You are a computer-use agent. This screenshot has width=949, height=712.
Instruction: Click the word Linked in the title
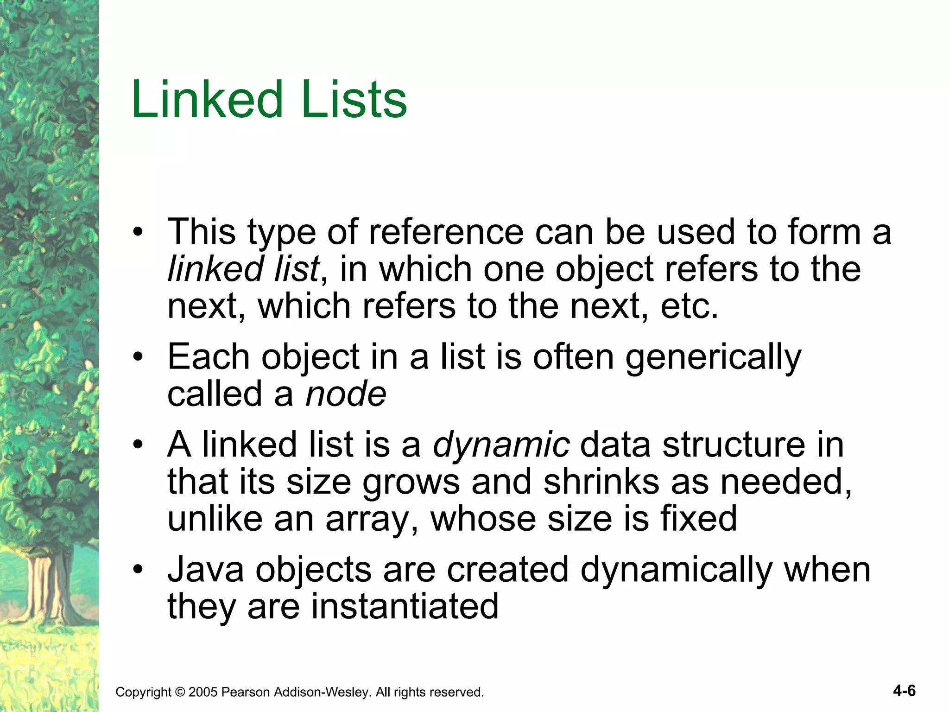(x=207, y=100)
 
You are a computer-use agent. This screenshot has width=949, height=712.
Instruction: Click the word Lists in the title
(x=354, y=100)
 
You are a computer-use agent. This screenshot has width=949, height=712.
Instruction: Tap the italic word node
(x=346, y=394)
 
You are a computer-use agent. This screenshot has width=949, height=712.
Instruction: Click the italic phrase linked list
(x=243, y=269)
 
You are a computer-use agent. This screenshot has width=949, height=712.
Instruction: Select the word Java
(x=205, y=570)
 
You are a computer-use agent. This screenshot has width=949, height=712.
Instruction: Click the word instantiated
(x=405, y=607)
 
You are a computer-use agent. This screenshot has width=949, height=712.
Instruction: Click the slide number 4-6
(x=904, y=691)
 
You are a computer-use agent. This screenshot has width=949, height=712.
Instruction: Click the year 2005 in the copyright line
(x=203, y=693)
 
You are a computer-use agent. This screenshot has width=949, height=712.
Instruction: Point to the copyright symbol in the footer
(x=179, y=693)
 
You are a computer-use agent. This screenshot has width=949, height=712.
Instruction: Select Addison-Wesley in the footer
(x=322, y=693)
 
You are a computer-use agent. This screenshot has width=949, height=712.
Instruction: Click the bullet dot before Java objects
(x=138, y=570)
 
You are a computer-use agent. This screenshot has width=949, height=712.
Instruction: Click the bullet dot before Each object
(x=138, y=357)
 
